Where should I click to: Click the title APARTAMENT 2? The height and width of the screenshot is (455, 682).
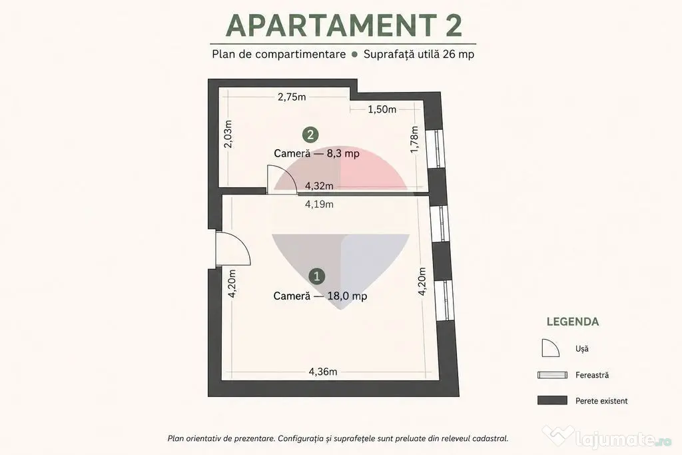tap(344, 25)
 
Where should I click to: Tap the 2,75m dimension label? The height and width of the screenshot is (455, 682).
tap(292, 97)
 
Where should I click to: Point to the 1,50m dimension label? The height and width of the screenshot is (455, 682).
tap(382, 109)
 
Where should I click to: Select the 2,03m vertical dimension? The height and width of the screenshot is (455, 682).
tap(228, 134)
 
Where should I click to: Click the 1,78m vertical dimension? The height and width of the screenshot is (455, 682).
tap(414, 139)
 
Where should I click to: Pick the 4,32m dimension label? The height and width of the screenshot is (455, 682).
tap(319, 186)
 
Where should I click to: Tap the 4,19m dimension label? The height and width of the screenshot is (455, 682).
tap(319, 204)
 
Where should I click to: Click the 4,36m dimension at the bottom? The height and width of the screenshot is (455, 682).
tap(323, 372)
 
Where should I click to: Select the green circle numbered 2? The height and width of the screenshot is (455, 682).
tap(310, 135)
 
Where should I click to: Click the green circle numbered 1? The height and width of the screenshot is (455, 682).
tap(316, 276)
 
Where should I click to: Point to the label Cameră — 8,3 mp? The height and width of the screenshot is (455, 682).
tap(316, 153)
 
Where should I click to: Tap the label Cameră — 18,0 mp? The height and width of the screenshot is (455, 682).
tap(320, 296)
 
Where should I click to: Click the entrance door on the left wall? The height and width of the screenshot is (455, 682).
tap(233, 249)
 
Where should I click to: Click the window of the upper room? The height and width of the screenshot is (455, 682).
tap(435, 149)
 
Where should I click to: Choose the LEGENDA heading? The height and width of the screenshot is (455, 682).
tap(573, 322)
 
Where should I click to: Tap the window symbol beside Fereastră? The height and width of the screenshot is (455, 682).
tap(552, 375)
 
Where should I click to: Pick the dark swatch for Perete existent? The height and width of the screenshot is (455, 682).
tap(552, 400)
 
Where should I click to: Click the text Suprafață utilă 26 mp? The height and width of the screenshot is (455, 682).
tap(419, 55)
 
